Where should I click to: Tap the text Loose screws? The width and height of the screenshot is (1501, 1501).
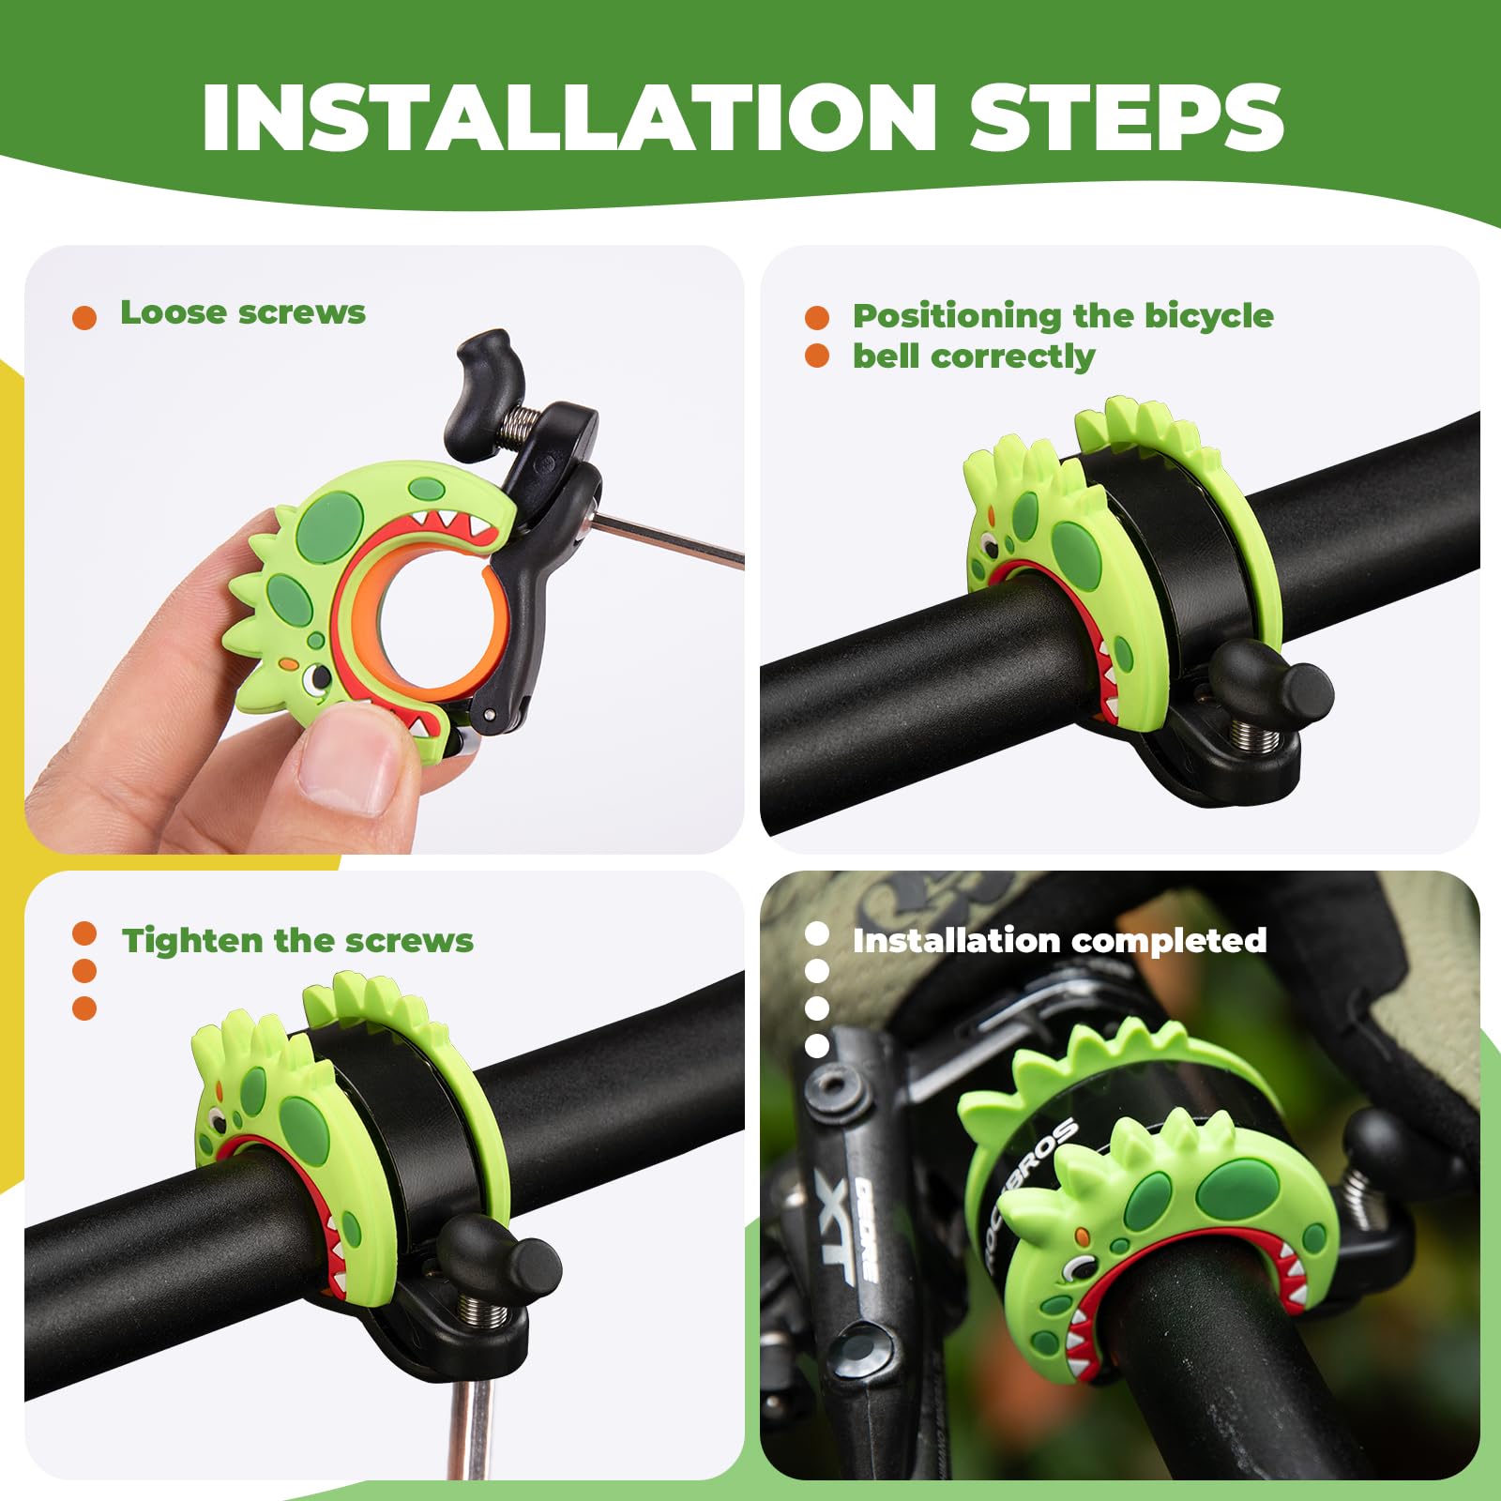242,312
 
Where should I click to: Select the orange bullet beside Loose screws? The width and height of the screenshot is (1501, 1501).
84,317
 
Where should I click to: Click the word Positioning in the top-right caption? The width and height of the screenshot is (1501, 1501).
957,316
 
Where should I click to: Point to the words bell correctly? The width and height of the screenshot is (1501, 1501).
973,356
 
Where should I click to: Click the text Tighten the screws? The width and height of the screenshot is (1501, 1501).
297,940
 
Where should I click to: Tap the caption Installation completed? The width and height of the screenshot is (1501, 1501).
1059,940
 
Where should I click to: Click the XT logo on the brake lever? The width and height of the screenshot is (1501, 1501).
835,1229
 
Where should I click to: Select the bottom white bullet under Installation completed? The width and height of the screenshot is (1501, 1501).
817,1045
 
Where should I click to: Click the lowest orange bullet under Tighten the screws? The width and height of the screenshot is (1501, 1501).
84,1008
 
